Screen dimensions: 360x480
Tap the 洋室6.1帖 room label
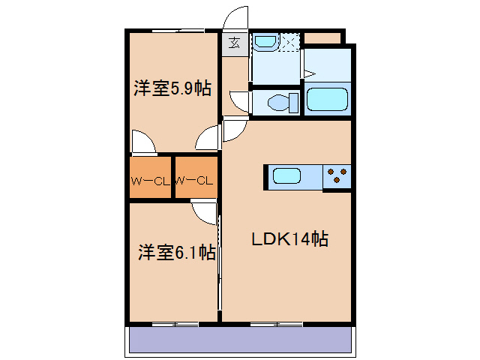pos(176,253)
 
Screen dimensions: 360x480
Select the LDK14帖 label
pos(289,239)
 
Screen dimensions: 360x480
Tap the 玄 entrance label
pos(235,42)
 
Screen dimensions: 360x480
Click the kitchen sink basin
pos(286,177)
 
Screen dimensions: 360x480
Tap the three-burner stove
pos(337,177)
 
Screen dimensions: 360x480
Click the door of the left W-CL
pos(142,142)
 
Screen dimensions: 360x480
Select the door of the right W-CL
pos(204,211)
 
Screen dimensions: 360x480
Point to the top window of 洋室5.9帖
pos(178,31)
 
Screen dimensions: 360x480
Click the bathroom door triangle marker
pos(307,73)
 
